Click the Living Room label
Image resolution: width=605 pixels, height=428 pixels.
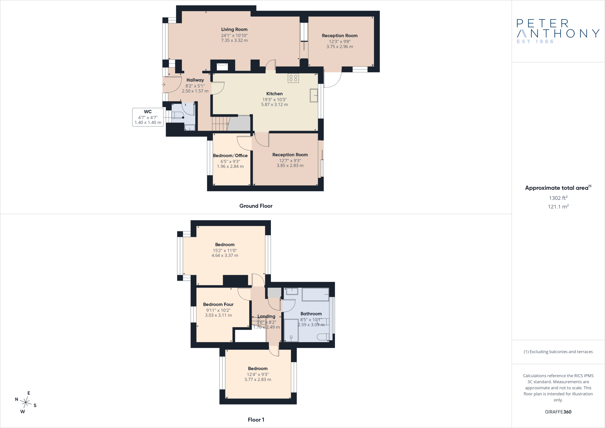pos(234,29)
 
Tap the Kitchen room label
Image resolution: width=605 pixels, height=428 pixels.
pos(274,94)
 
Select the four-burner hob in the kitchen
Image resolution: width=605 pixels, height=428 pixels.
pos(293,78)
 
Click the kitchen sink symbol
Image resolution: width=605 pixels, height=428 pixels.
pos(314,95)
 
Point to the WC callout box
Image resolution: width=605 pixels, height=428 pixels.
pos(148,117)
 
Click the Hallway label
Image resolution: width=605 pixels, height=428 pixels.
pos(195,80)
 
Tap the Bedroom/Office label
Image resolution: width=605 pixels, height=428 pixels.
pos(230,155)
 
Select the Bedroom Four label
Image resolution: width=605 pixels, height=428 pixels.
pos(218,304)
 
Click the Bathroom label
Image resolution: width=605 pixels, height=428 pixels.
pos(311,314)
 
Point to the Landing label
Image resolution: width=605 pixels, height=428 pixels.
pos(266,317)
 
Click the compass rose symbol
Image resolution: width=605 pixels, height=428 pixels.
pos(26,402)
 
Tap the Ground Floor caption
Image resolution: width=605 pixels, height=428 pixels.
pos(256,206)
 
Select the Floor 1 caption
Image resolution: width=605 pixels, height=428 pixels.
pos(256,420)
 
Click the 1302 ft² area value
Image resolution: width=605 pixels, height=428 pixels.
pos(558,198)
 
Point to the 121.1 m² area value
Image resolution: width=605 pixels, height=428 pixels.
pos(558,207)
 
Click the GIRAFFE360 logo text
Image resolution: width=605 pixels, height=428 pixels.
pos(558,412)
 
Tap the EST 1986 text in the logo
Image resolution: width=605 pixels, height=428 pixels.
pos(535,42)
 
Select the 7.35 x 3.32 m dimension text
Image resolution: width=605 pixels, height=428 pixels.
pos(234,40)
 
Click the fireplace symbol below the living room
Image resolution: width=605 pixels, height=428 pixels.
pos(222,67)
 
